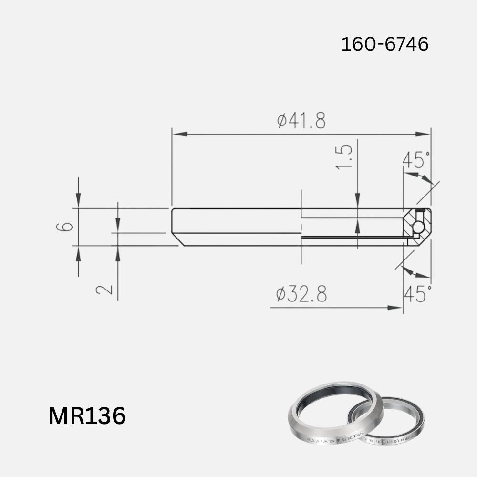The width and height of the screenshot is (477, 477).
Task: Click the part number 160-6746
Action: pyautogui.click(x=384, y=44)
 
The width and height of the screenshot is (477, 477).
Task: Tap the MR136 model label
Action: pyautogui.click(x=87, y=416)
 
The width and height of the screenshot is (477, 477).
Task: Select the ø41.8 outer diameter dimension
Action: pyautogui.click(x=301, y=121)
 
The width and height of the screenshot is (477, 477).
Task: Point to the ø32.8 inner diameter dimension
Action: pyautogui.click(x=301, y=294)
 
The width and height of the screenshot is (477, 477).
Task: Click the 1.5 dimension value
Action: pyautogui.click(x=344, y=157)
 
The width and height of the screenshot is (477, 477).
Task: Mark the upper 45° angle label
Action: pyautogui.click(x=416, y=160)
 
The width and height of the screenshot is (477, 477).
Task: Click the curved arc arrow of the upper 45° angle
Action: pyautogui.click(x=420, y=177)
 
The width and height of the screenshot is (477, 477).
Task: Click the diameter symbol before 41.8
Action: pyautogui.click(x=282, y=121)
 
